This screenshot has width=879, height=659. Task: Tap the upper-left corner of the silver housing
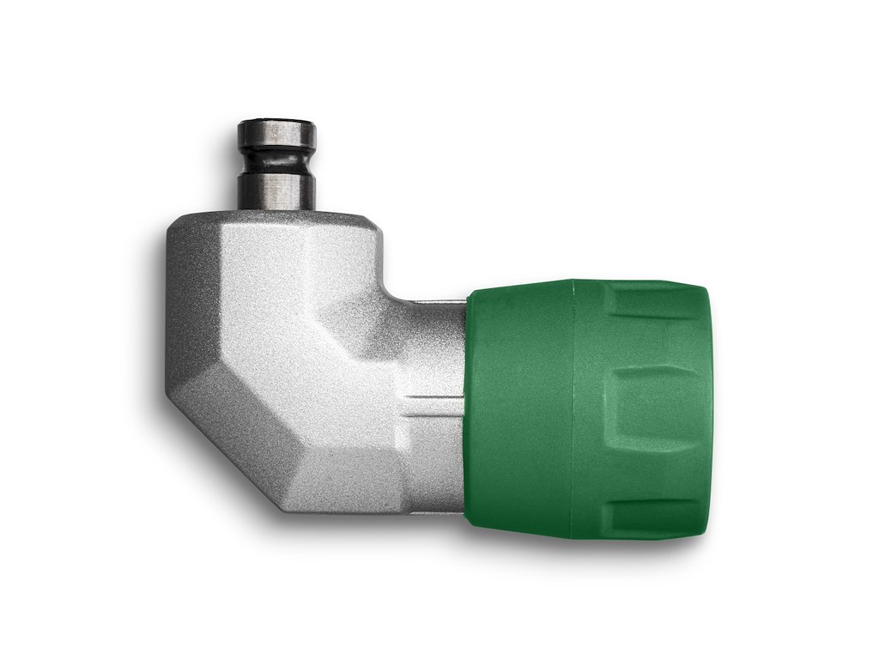[x=176, y=225]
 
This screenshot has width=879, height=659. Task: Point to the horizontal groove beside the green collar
[x=433, y=399]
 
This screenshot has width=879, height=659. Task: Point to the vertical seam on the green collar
[x=573, y=408]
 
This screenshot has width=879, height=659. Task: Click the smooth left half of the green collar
[x=519, y=408]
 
